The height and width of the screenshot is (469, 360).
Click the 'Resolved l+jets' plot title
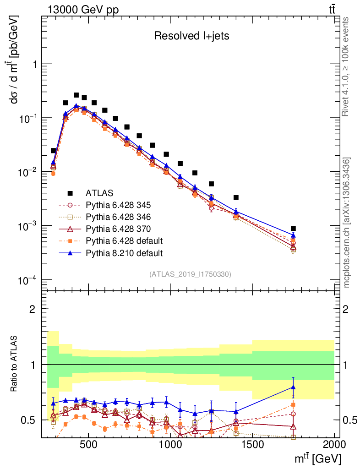point(191,36)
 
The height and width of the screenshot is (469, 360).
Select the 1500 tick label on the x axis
point(252,444)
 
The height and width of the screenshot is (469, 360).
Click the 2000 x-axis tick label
point(334,444)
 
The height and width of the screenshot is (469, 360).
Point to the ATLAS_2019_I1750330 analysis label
point(190,274)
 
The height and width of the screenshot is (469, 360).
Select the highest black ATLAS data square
point(76,95)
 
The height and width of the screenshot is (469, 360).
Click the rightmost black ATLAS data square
point(293,228)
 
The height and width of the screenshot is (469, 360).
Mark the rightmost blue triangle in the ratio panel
point(293,387)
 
